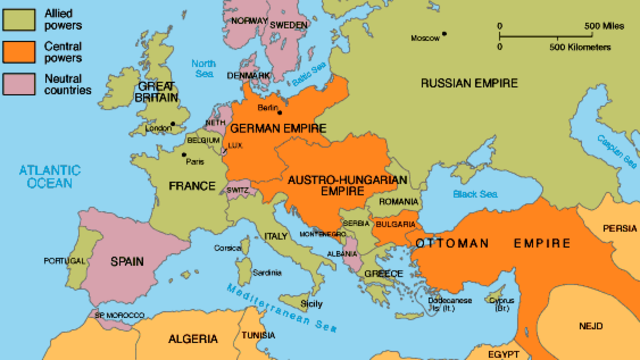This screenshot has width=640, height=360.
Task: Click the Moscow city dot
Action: click(445, 37)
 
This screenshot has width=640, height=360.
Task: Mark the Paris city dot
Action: click(182, 155)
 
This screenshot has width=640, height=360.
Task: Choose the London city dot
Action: click(173, 125)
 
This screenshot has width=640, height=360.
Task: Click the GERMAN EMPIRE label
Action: click(273, 128)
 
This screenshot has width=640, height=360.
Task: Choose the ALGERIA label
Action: click(175, 338)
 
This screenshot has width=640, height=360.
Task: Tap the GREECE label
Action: click(383, 273)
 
